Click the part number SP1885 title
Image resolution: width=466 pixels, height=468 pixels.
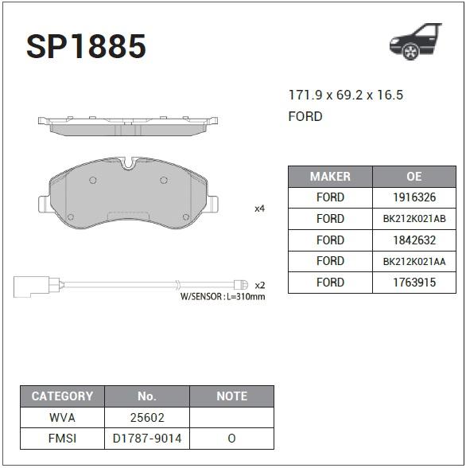[x=86, y=47]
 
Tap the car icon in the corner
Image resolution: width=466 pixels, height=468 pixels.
[x=415, y=41]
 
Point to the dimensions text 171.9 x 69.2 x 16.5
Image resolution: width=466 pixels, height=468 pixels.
[x=345, y=96]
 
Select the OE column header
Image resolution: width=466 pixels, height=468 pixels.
[x=414, y=177]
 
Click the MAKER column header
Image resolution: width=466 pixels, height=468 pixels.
[x=330, y=177]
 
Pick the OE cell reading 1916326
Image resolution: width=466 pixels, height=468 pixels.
[x=414, y=197]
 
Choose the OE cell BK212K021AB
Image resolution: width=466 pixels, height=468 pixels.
[x=414, y=219]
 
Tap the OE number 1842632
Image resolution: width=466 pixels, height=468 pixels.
[x=414, y=240]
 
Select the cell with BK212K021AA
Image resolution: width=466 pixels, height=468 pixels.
[x=414, y=261]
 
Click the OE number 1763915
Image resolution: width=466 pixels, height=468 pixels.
[x=414, y=283]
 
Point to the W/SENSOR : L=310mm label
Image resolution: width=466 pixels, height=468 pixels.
[x=223, y=297]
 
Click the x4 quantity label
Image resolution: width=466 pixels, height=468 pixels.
[x=259, y=209]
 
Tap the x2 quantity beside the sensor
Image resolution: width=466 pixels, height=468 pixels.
[x=259, y=284]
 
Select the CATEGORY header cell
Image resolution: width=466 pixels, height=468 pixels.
[x=62, y=396]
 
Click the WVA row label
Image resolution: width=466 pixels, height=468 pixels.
[x=62, y=417]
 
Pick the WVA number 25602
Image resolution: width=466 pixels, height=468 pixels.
[x=147, y=417]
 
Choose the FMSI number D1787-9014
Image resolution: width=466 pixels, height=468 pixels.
[x=147, y=439]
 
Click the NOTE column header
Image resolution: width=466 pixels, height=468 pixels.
[x=231, y=396]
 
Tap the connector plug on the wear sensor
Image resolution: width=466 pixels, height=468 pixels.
[x=32, y=284]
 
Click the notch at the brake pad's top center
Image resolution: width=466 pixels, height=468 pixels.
[x=129, y=162]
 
